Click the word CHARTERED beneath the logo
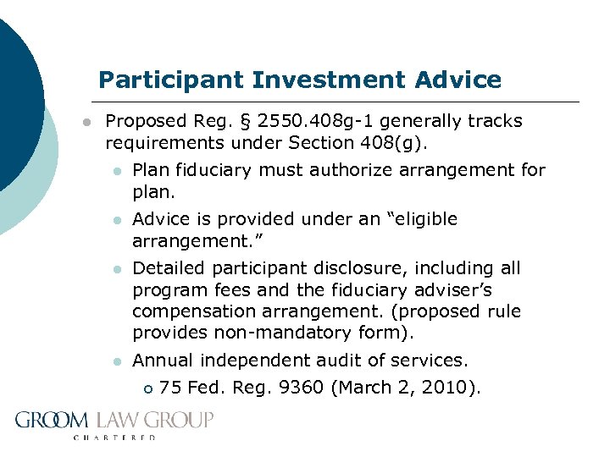tap(115, 438)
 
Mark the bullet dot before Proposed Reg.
tap(86, 123)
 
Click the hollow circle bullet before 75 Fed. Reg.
tap(147, 389)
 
